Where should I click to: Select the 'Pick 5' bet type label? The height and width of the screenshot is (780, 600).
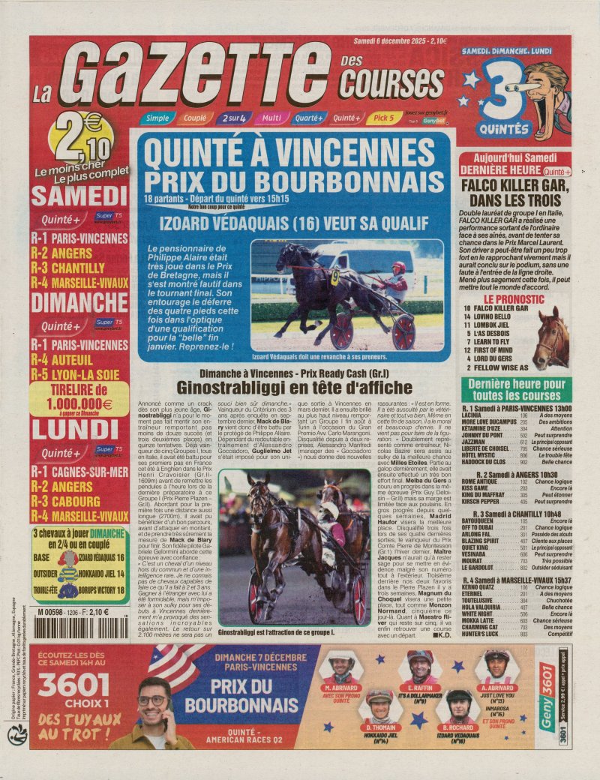coord(383,118)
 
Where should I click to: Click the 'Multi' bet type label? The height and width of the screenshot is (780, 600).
coord(271,118)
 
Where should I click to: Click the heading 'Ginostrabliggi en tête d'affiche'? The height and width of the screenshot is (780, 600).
coord(294,388)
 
